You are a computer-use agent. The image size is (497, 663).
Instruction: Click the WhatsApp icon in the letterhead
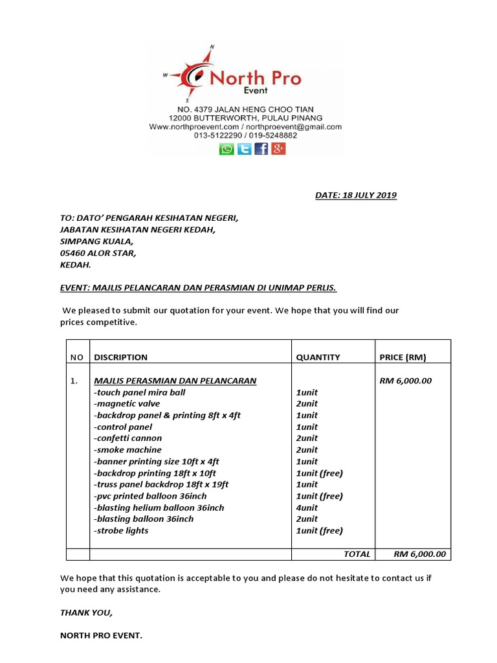point(226,149)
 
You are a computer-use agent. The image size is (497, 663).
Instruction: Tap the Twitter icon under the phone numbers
point(244,149)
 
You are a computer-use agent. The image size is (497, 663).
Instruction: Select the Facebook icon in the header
point(261,149)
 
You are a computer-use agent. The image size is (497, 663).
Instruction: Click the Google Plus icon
point(278,149)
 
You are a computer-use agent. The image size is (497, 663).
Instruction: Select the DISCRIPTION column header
point(121,357)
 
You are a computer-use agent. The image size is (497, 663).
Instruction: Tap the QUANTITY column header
point(318,357)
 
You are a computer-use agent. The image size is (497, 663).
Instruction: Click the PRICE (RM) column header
point(403,357)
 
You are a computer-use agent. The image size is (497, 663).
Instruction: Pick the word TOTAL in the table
point(357,554)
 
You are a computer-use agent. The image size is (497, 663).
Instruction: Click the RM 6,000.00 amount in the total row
point(419,554)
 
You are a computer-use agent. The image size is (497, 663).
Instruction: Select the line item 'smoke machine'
point(127,449)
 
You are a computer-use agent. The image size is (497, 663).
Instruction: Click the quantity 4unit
point(307,508)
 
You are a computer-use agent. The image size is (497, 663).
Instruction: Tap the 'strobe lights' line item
point(121,530)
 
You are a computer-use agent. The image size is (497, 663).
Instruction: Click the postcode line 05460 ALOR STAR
point(98,253)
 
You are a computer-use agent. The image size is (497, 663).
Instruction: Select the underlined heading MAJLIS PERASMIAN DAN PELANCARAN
point(175,381)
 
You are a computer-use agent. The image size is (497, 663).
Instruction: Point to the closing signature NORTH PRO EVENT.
point(100,635)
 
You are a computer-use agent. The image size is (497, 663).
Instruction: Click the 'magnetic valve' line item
point(127,403)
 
